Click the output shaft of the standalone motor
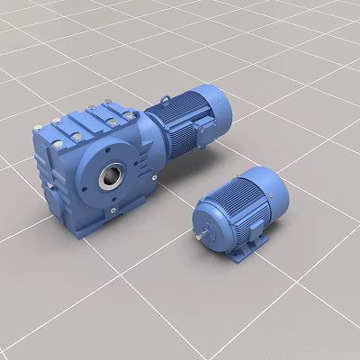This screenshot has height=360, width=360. coord(197,237)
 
